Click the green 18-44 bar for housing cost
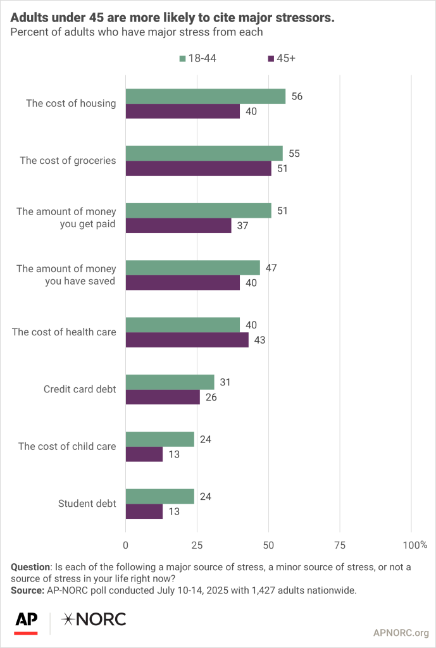click(205, 96)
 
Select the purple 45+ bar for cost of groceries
click(198, 168)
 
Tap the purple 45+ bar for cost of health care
click(187, 340)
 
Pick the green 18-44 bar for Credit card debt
click(170, 382)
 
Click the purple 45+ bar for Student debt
click(144, 511)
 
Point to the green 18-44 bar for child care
click(159, 439)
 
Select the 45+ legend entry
click(282, 58)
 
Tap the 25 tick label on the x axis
click(197, 545)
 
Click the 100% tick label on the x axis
click(414, 545)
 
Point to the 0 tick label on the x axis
click(126, 545)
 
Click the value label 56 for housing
click(296, 96)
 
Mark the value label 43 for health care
click(259, 340)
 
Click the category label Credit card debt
click(79, 389)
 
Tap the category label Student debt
click(87, 504)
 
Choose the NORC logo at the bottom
click(93, 620)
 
